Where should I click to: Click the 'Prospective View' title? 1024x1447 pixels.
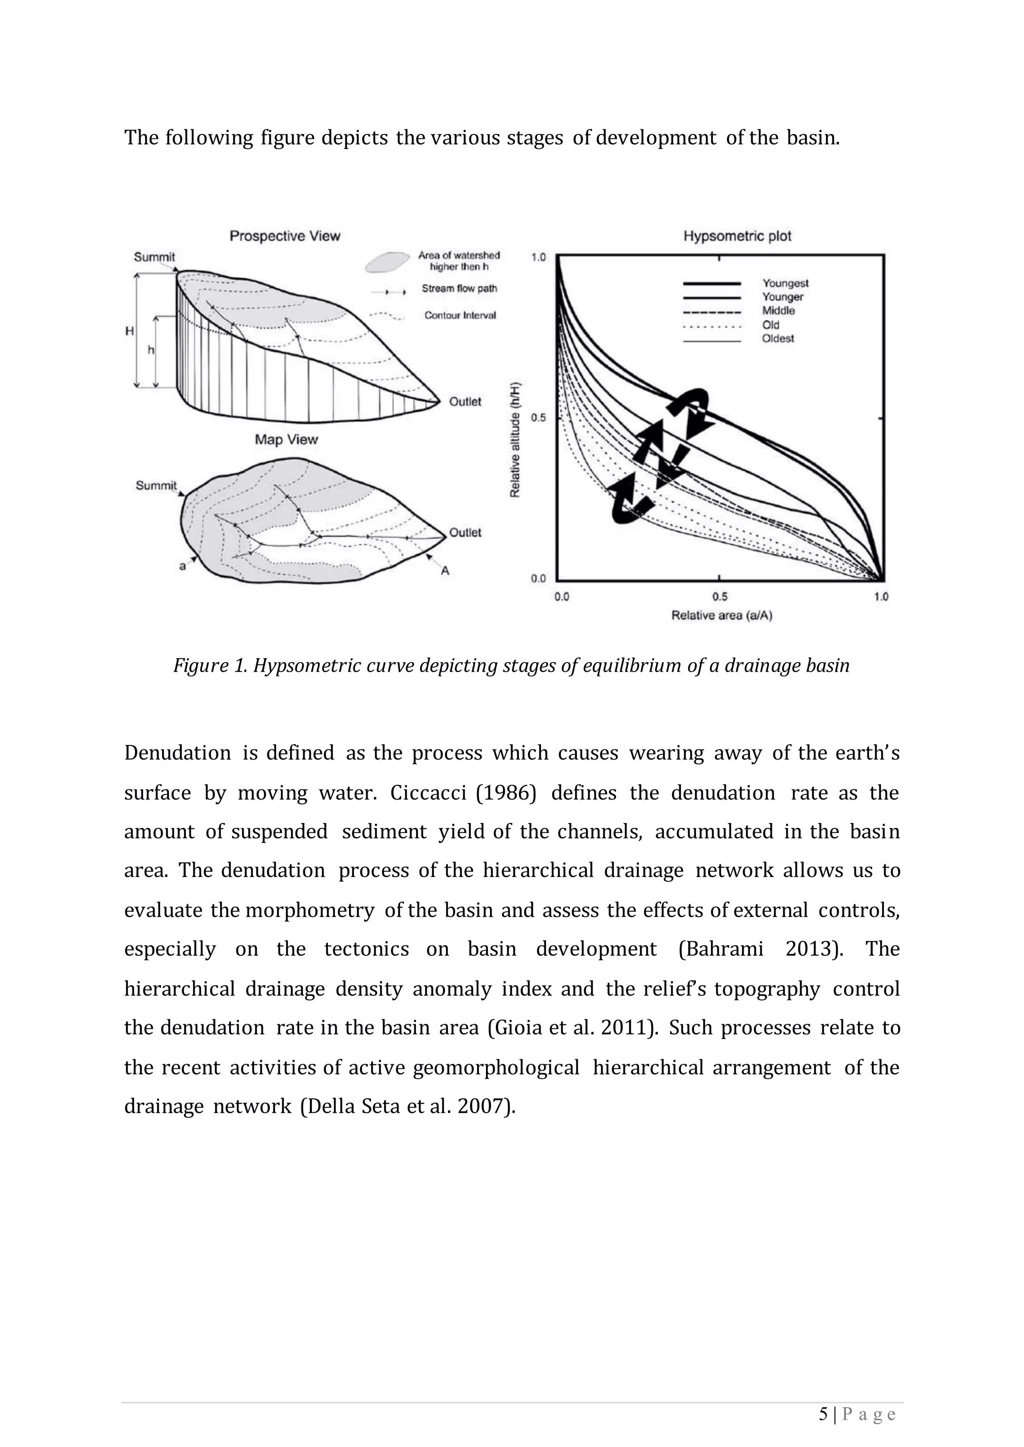click(284, 236)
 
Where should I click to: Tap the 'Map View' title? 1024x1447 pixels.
click(286, 439)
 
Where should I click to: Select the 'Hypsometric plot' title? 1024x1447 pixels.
click(737, 236)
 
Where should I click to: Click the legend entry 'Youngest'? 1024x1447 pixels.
click(785, 284)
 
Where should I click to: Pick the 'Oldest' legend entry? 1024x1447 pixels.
click(778, 338)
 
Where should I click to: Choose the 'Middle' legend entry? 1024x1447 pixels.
click(778, 311)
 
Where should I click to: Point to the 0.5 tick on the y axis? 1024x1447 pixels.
click(538, 418)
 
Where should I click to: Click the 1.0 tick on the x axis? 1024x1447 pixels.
click(881, 597)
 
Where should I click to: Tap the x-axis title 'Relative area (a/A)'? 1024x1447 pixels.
click(721, 615)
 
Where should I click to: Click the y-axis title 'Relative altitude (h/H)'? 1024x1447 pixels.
click(515, 439)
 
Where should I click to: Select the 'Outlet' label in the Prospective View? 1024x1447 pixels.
click(464, 401)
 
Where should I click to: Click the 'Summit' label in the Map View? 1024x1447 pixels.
click(155, 485)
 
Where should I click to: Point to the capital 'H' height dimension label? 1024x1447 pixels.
click(129, 331)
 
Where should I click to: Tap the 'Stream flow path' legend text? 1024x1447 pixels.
click(459, 289)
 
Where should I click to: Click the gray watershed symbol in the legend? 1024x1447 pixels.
click(386, 261)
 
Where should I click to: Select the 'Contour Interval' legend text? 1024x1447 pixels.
click(459, 315)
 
